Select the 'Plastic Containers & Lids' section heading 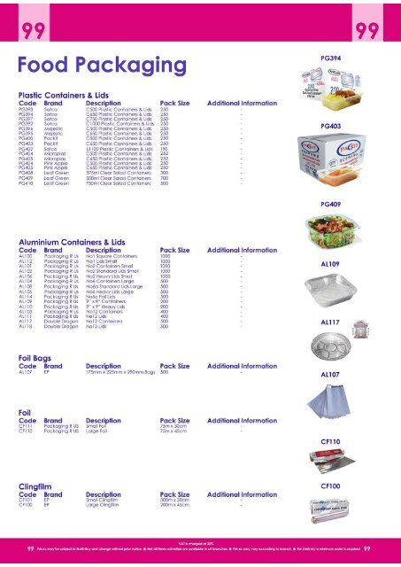[71, 94]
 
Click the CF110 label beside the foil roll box [331, 440]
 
